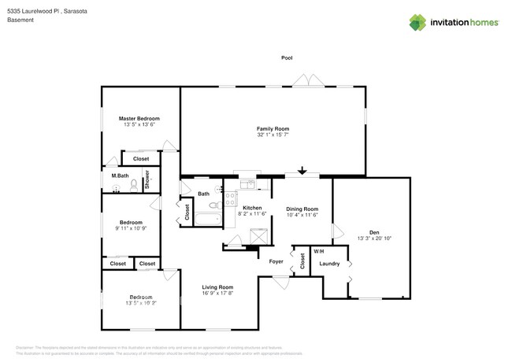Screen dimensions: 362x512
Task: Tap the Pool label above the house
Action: pyautogui.click(x=287, y=57)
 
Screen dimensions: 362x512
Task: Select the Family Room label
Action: pyautogui.click(x=273, y=128)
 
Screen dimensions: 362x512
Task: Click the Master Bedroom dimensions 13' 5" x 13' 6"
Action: pyautogui.click(x=139, y=124)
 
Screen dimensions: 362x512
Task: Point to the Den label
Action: pyautogui.click(x=374, y=231)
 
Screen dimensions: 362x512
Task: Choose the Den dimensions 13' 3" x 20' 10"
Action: pyautogui.click(x=374, y=238)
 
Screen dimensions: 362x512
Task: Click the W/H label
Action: pyautogui.click(x=318, y=251)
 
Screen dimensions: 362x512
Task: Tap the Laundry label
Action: pyautogui.click(x=330, y=264)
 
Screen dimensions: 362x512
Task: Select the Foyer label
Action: pyautogui.click(x=276, y=261)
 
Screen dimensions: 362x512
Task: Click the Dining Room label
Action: pyautogui.click(x=301, y=208)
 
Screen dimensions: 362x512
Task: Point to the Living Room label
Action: pyautogui.click(x=217, y=287)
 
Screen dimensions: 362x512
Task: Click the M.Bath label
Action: pyautogui.click(x=120, y=175)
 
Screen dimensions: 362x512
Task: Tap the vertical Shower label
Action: pyautogui.click(x=147, y=179)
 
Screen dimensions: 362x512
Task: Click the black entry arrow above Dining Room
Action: pyautogui.click(x=302, y=169)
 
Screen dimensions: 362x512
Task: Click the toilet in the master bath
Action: pyautogui.click(x=133, y=186)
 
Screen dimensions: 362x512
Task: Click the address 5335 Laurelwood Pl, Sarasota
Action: pyautogui.click(x=46, y=9)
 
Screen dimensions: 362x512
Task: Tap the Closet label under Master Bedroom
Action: pyautogui.click(x=141, y=159)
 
